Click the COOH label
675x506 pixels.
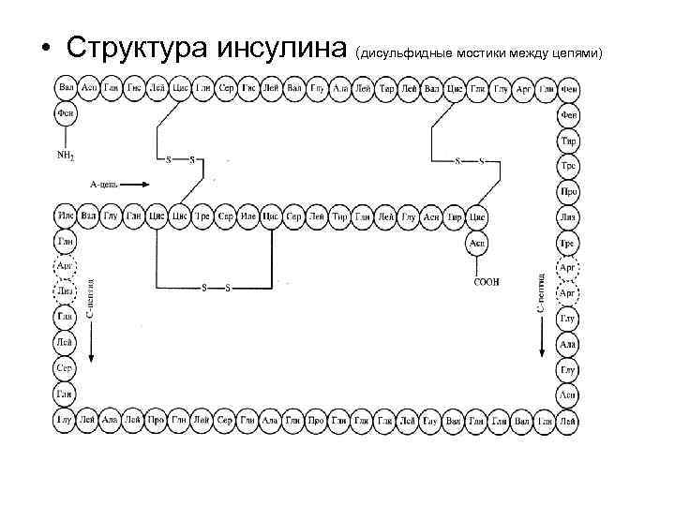coord(487,281)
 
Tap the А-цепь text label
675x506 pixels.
coord(103,185)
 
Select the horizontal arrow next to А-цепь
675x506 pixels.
coord(135,185)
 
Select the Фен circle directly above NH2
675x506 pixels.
coord(66,114)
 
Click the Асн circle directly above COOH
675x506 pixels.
coord(477,243)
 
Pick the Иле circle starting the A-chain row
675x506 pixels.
coord(66,217)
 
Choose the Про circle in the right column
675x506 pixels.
coord(568,191)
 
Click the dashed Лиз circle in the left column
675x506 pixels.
coord(66,292)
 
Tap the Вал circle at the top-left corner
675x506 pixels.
coord(66,88)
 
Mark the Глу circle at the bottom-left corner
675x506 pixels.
coord(66,421)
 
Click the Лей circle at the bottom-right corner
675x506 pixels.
coord(568,422)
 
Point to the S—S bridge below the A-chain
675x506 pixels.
coord(215,287)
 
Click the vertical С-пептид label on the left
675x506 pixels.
coord(89,299)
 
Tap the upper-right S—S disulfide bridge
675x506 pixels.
coord(470,160)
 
